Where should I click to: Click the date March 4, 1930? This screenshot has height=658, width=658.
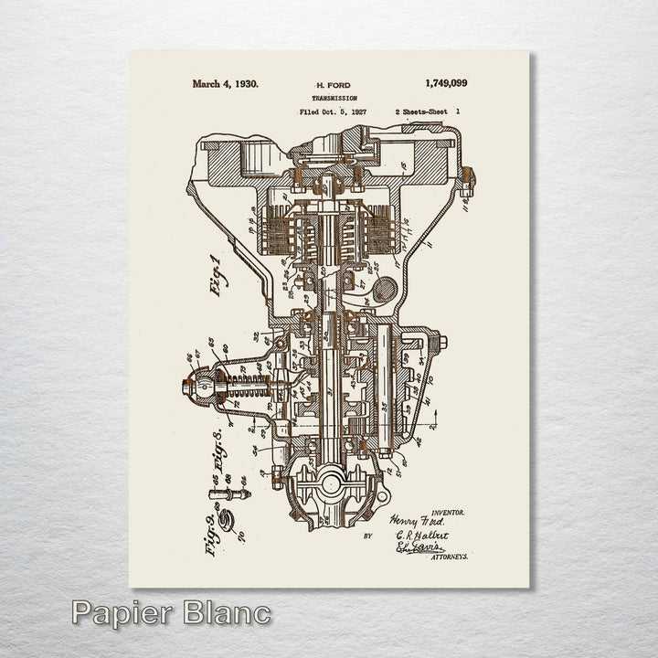point(225,83)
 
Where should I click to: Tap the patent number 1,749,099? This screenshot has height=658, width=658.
point(446,83)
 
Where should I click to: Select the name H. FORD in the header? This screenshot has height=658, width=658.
point(333,85)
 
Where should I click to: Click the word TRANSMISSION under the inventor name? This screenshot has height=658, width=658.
point(334,98)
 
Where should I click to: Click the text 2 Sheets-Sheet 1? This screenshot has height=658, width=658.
point(428,111)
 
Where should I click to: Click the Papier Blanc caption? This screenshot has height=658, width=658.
point(171,612)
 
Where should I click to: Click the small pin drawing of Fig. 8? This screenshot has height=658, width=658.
point(229,494)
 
